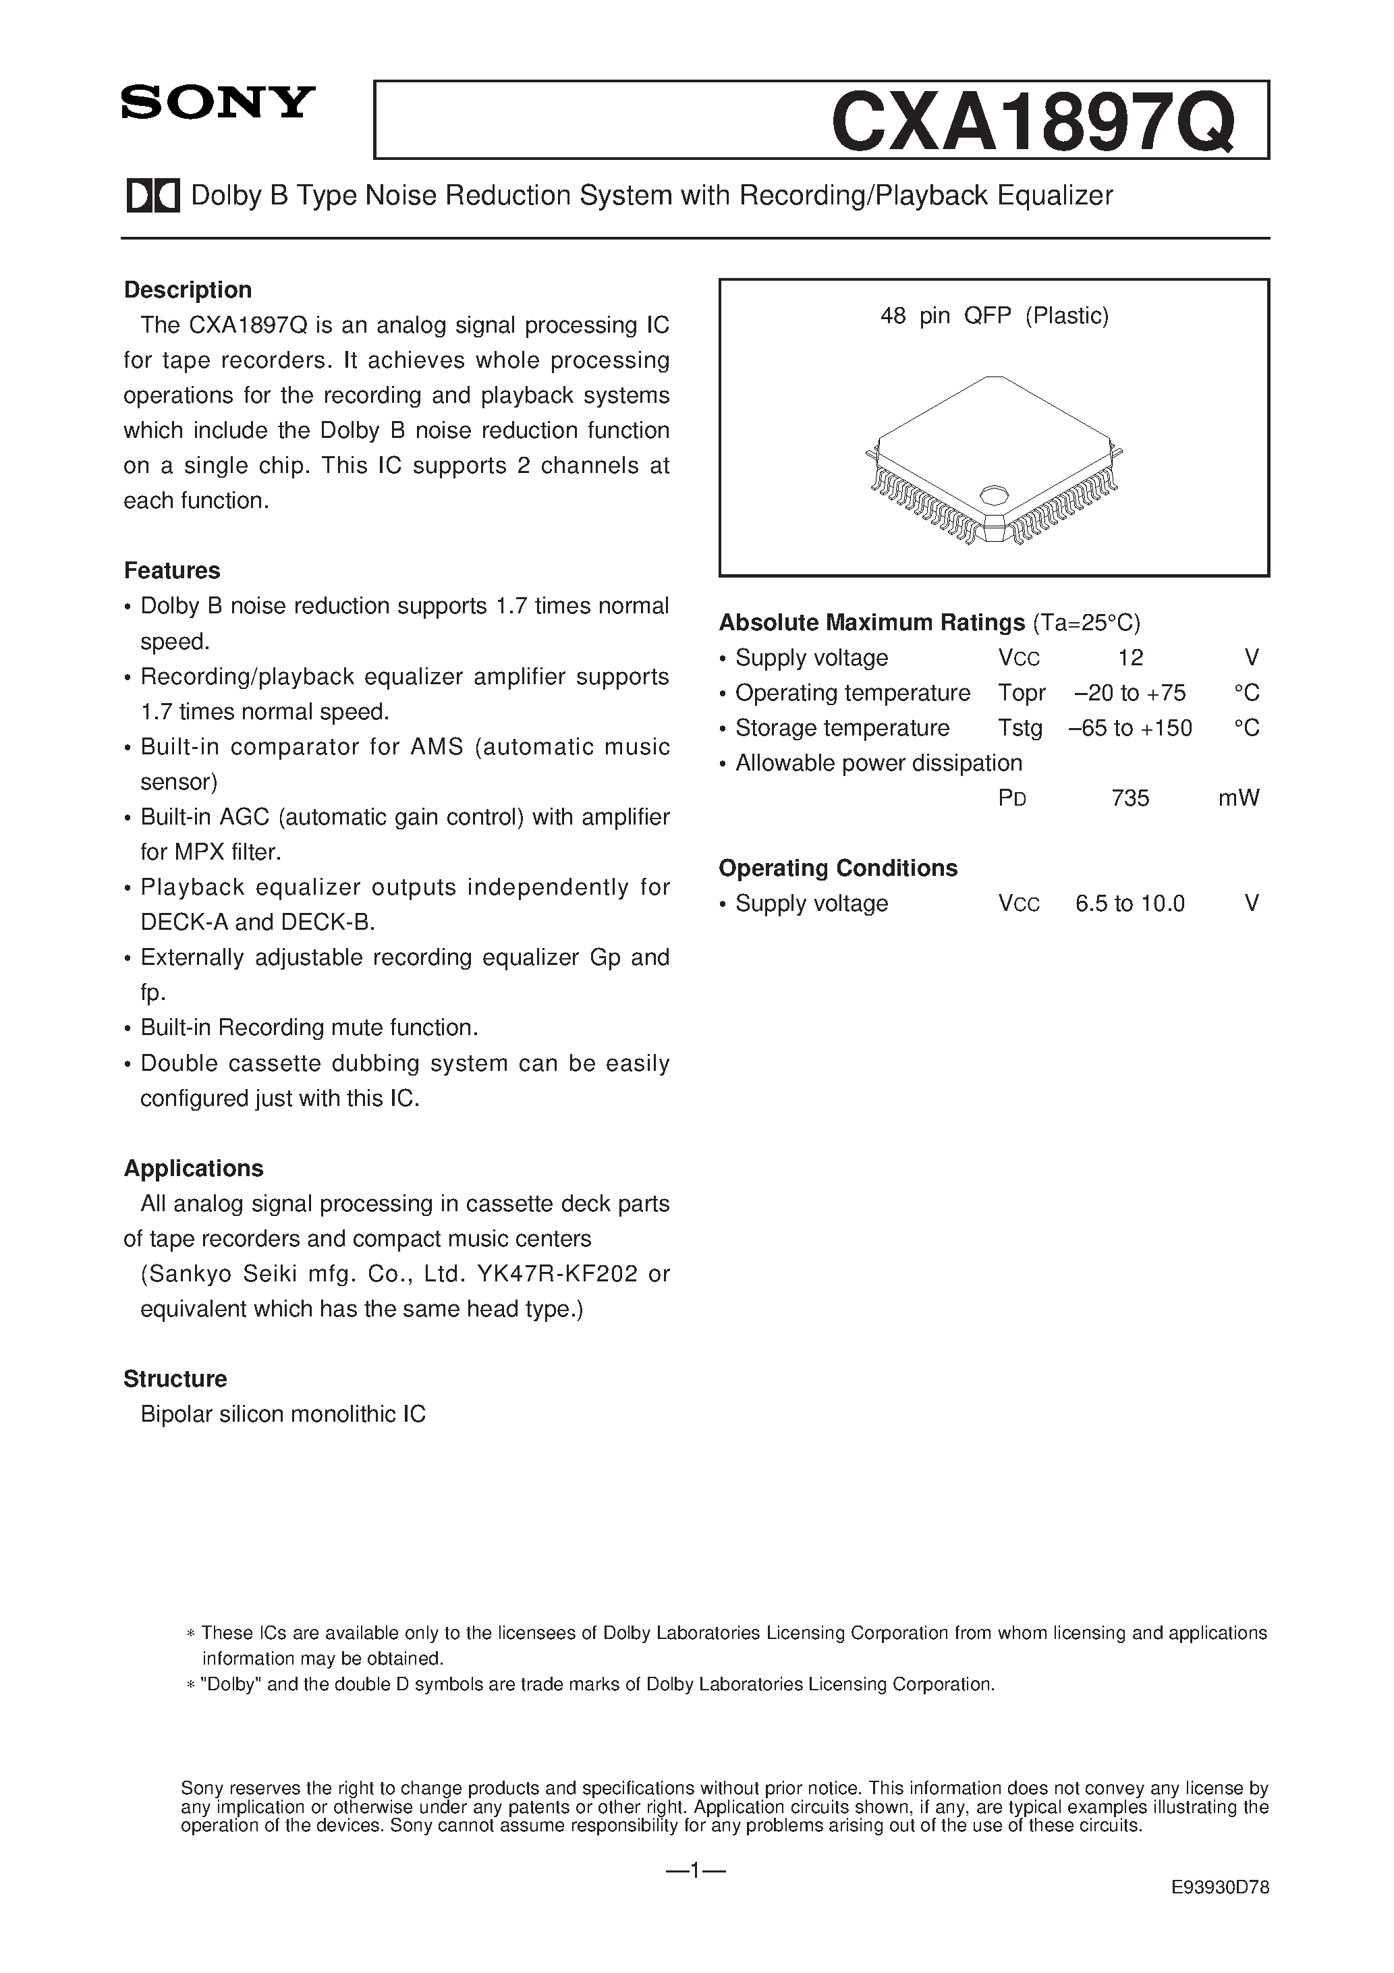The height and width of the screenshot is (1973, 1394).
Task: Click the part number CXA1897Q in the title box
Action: (x=1033, y=123)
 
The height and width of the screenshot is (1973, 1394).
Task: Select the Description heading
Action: (x=188, y=289)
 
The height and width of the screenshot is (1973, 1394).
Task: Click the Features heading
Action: (x=172, y=571)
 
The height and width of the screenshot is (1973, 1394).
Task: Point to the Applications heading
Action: (x=194, y=1168)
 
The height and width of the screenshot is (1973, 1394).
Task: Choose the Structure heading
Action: (x=175, y=1379)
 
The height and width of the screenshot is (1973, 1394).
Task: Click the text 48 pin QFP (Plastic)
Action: (x=995, y=316)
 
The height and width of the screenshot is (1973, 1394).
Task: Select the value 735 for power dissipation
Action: (x=1130, y=798)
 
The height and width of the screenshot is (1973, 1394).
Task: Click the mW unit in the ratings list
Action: (x=1238, y=798)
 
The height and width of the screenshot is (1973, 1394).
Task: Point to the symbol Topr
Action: (x=1022, y=692)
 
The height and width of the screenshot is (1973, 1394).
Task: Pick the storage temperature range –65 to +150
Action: (x=1130, y=728)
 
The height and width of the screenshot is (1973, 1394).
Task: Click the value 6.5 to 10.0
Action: (x=1130, y=903)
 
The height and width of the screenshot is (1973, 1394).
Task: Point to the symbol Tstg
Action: (x=1020, y=728)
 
